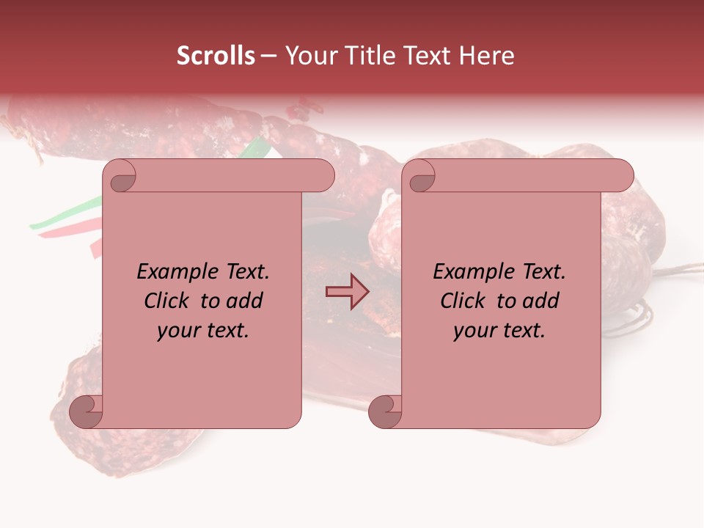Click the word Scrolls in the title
tap(216, 56)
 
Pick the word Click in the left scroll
tap(168, 301)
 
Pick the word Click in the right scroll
tap(464, 301)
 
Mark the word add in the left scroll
tap(245, 301)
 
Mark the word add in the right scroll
tap(541, 301)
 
